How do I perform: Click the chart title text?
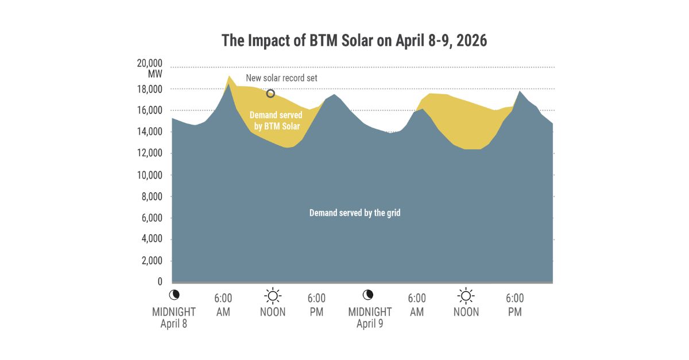click(x=354, y=41)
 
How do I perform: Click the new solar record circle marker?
click(x=270, y=94)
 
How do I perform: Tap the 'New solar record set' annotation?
click(x=281, y=78)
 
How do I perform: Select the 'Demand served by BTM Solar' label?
click(x=276, y=121)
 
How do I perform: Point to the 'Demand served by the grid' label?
click(x=355, y=212)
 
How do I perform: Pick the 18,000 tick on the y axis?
click(x=149, y=90)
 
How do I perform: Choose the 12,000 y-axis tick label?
click(x=149, y=153)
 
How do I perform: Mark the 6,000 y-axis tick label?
click(x=151, y=218)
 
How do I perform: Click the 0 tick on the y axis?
click(x=160, y=282)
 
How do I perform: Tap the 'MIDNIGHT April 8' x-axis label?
click(x=174, y=317)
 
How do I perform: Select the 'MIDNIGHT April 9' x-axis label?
click(x=370, y=317)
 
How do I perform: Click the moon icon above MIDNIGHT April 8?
click(x=175, y=295)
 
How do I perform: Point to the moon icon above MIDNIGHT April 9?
click(x=368, y=295)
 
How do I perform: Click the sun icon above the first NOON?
click(x=273, y=296)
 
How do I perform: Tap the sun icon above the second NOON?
click(x=466, y=296)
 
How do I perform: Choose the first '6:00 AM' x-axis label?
click(x=223, y=304)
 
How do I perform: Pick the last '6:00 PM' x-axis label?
click(x=514, y=304)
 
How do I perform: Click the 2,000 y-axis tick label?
click(x=151, y=261)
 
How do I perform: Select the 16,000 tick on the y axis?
click(x=149, y=111)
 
